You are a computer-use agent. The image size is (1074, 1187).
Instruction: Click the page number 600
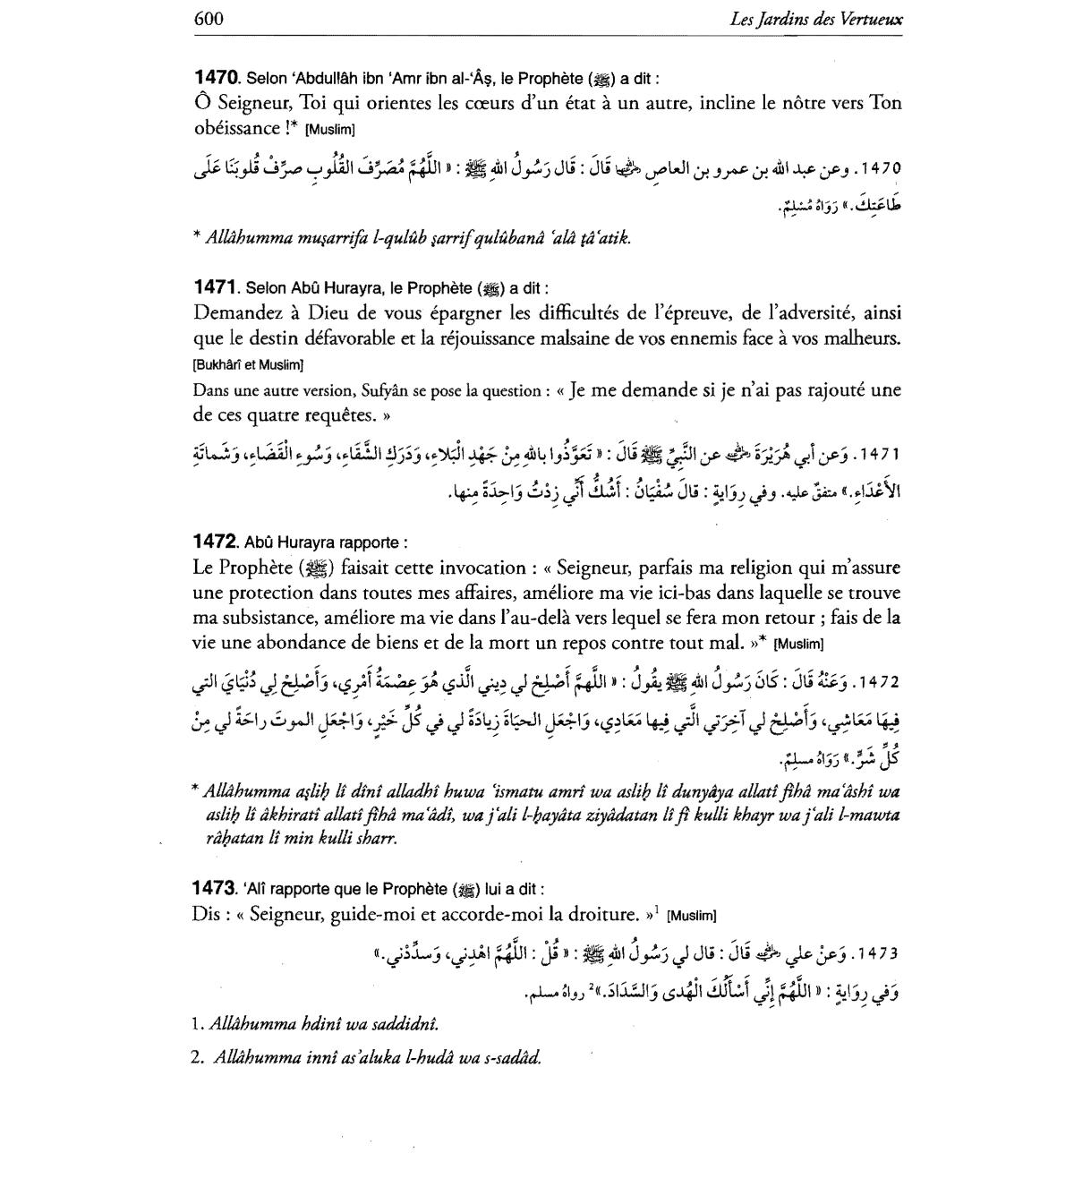click(x=208, y=18)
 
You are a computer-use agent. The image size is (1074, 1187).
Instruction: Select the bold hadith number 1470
click(x=216, y=77)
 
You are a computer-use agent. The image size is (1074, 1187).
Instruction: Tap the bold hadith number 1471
click(x=215, y=287)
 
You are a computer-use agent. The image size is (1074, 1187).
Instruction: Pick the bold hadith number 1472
click(x=216, y=542)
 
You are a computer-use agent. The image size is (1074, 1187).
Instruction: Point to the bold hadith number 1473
click(x=216, y=889)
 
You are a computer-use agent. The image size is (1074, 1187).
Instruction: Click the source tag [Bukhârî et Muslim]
click(x=248, y=364)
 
